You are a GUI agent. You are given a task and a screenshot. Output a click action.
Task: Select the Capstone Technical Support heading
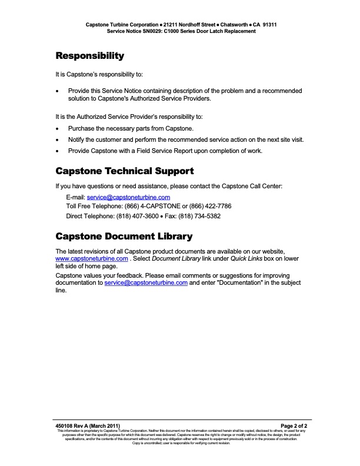pyautogui.click(x=124, y=171)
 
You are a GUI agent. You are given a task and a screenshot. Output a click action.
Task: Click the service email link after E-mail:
pyautogui.click(x=128, y=198)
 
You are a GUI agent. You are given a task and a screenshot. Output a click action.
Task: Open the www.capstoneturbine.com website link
pyautogui.click(x=91, y=258)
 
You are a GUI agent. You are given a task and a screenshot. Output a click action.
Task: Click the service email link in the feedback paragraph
pyautogui.click(x=146, y=282)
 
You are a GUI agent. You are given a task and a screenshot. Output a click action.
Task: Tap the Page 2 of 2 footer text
pyautogui.click(x=294, y=425)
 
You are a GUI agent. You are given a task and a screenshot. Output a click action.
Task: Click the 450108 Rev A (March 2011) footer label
pyautogui.click(x=88, y=425)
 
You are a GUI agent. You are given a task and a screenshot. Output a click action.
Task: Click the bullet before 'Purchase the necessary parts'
pyautogui.click(x=57, y=128)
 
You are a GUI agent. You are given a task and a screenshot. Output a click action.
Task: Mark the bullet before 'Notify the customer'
pyautogui.click(x=57, y=140)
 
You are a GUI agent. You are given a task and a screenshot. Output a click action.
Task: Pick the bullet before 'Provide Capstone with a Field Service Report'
pyautogui.click(x=57, y=151)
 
